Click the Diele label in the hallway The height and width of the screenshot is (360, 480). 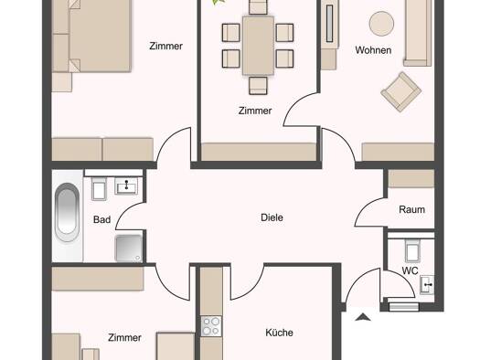point(272,217)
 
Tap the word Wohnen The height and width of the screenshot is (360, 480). point(373,50)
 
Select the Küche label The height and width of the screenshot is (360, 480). point(279,333)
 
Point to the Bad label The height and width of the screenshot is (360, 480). point(101,219)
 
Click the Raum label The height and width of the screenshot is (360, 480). point(411,209)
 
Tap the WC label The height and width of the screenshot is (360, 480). point(410,270)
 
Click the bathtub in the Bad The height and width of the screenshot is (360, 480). point(67,212)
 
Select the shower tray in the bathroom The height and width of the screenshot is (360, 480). point(129,248)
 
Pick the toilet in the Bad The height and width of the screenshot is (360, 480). point(99,188)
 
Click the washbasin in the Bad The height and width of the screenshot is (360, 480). point(126,185)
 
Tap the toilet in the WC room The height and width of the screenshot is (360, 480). point(412,249)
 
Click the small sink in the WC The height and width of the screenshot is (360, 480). point(427,285)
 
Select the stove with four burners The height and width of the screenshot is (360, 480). point(211,326)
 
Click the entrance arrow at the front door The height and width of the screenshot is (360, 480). point(363,317)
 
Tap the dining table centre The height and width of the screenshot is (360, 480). point(258,46)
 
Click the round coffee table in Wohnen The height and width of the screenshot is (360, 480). point(381,24)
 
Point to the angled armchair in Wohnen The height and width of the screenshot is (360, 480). point(401,91)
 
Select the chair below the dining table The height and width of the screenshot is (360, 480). point(258,85)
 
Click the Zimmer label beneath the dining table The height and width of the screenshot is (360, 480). point(255,111)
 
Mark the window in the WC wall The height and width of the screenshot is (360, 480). point(404,307)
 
